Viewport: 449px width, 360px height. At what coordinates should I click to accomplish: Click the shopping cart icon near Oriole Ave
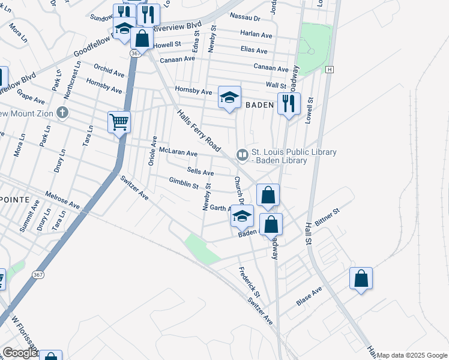(119, 122)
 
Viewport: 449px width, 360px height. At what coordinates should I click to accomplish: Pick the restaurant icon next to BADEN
(289, 104)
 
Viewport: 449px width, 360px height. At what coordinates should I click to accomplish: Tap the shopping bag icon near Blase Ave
(361, 278)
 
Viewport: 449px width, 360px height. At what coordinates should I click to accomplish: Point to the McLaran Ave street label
(178, 154)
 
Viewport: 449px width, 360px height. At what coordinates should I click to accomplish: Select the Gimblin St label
(183, 183)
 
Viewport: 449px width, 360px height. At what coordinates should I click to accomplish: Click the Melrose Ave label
(62, 201)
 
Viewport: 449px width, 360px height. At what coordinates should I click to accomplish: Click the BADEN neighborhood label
(260, 104)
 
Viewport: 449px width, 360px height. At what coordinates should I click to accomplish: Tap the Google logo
(20, 353)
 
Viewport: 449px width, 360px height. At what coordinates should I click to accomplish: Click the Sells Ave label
(200, 172)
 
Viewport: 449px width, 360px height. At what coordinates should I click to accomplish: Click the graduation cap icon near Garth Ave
(243, 217)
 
